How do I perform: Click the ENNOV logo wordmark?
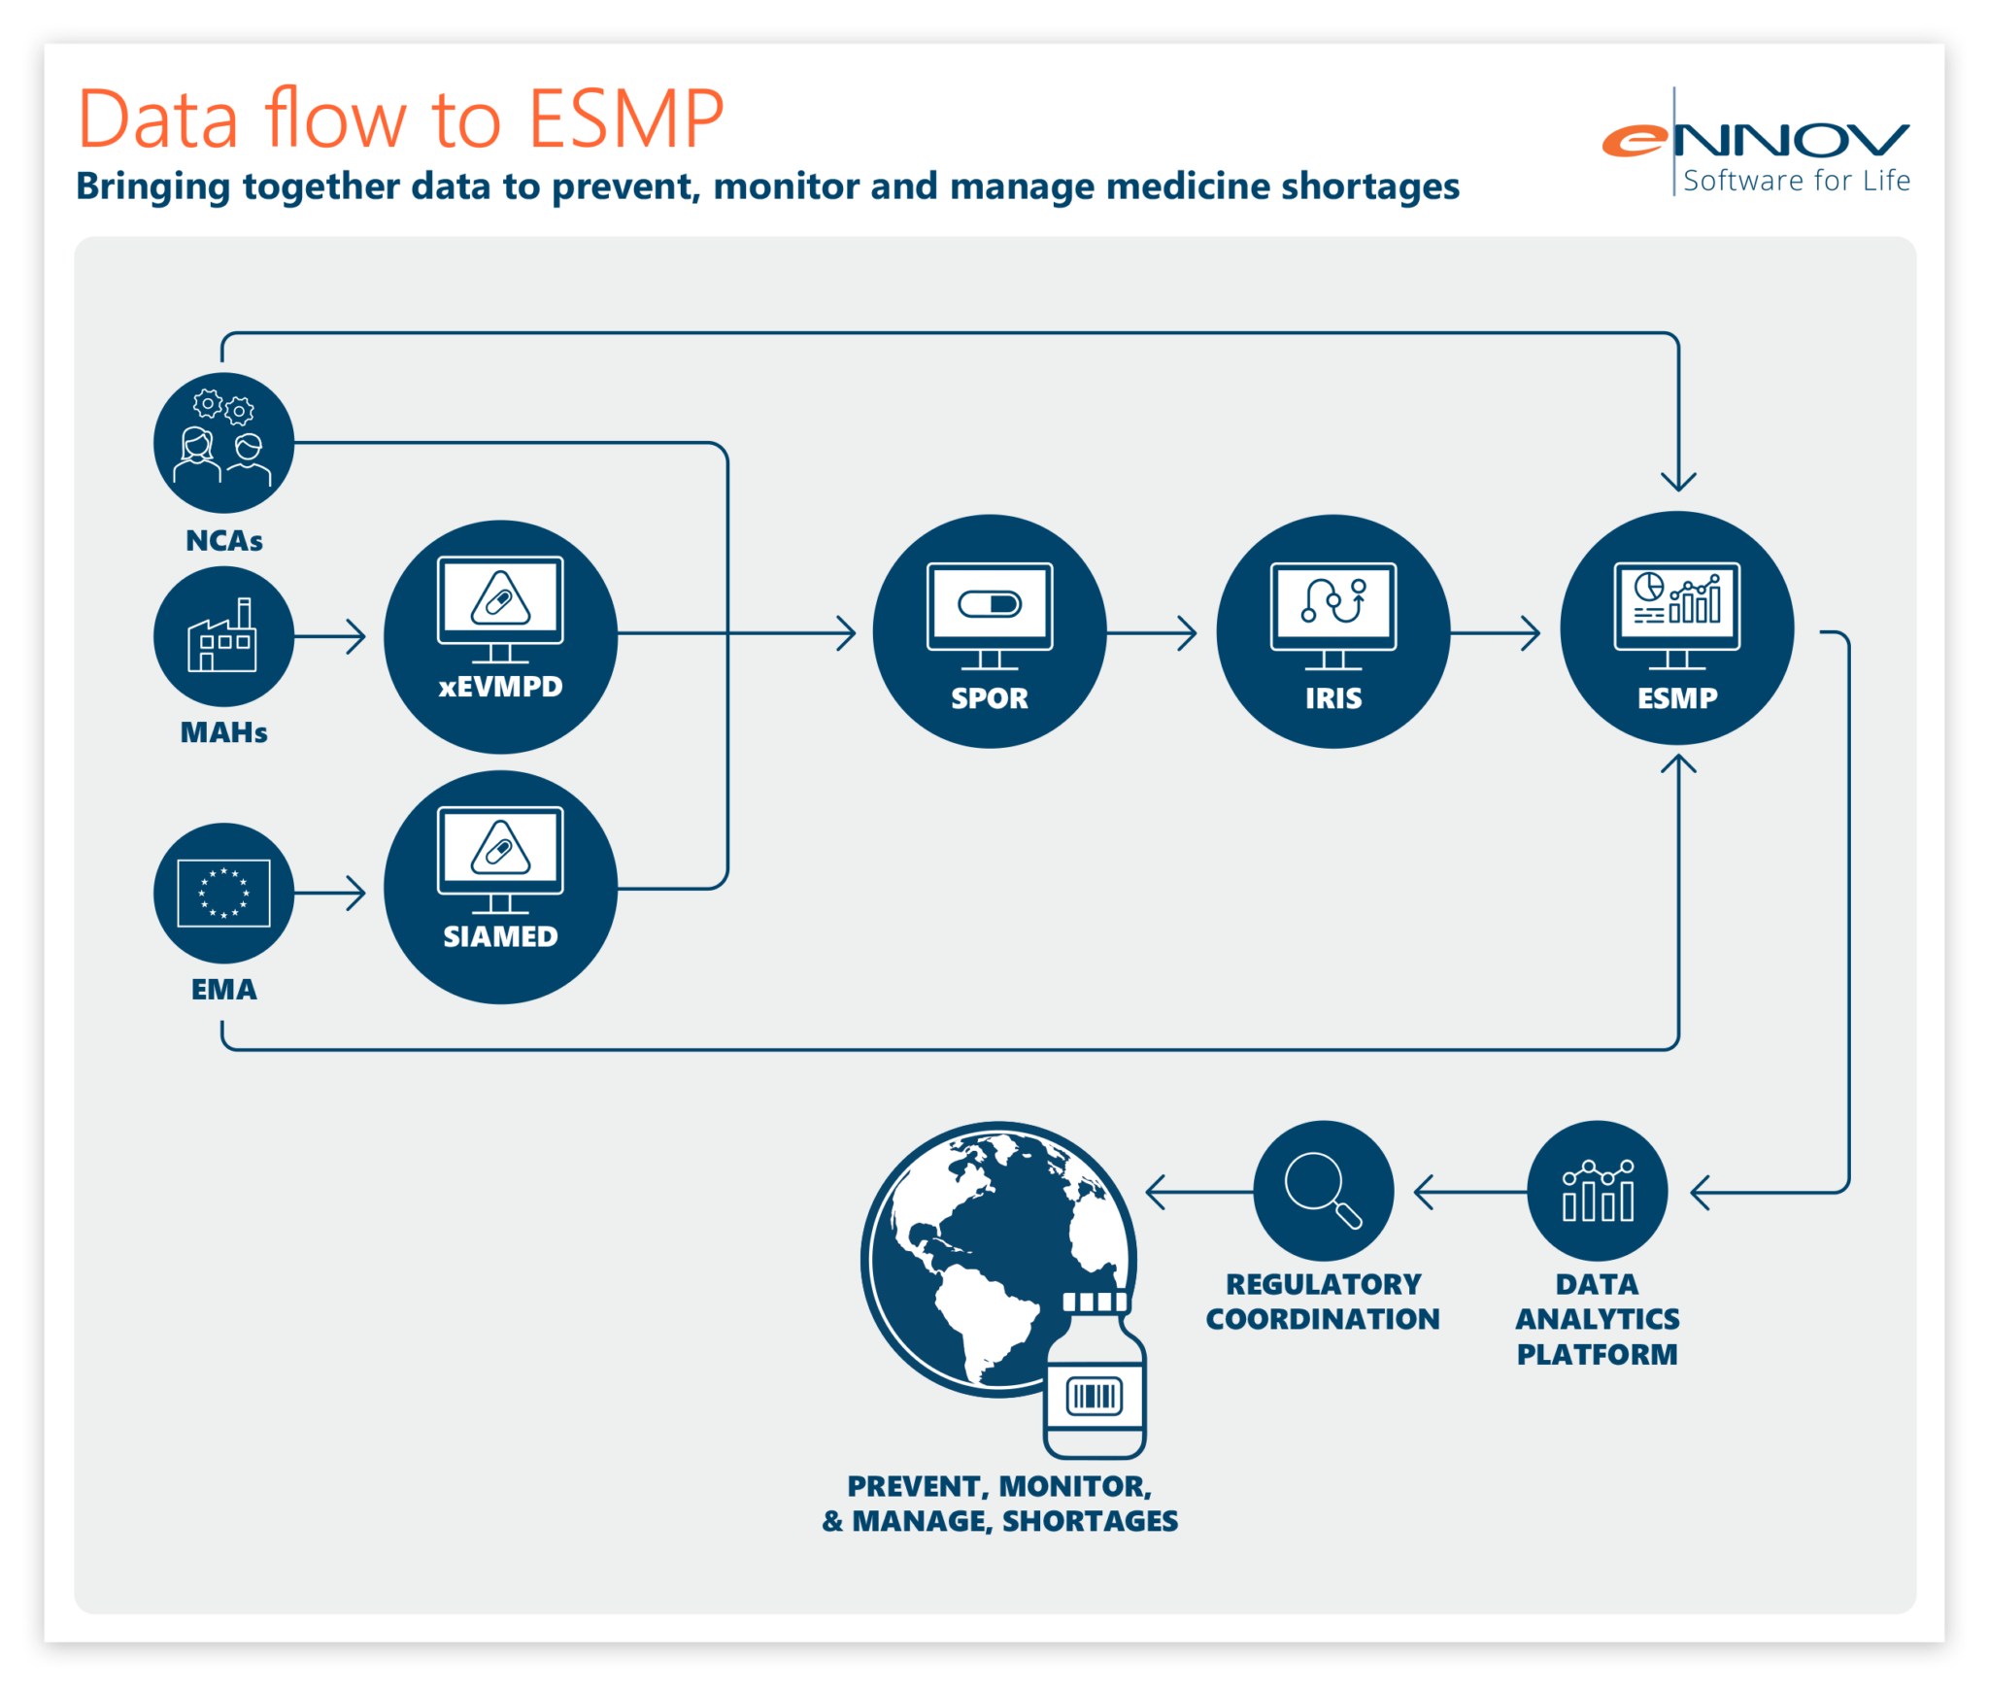[1756, 142]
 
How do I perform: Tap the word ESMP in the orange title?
[626, 119]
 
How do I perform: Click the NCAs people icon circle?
[223, 443]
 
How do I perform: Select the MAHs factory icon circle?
[223, 636]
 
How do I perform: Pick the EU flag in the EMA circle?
[223, 893]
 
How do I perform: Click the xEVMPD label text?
[500, 687]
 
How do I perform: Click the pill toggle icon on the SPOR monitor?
[990, 604]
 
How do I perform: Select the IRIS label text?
[1332, 698]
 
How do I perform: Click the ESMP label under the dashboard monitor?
[1676, 698]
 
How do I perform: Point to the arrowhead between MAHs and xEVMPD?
[357, 636]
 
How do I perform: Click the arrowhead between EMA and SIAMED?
[357, 893]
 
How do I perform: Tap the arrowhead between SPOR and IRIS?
[1188, 633]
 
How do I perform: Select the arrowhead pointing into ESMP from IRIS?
[1532, 633]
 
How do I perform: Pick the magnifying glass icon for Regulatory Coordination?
[1323, 1191]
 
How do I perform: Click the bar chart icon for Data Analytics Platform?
[1598, 1191]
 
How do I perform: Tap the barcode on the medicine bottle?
[1095, 1397]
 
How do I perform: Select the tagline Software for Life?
[1796, 182]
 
